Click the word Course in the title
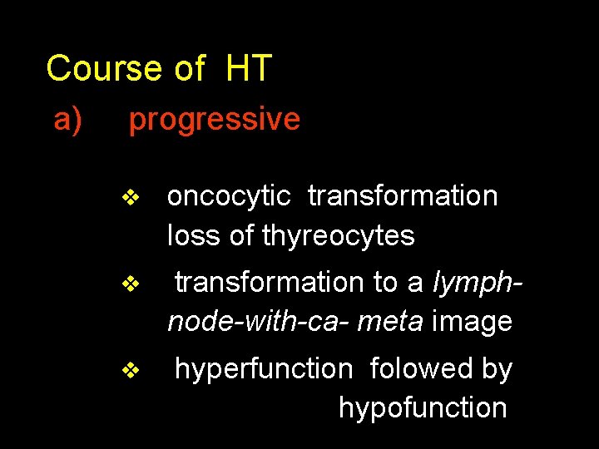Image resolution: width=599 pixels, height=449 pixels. coord(103,68)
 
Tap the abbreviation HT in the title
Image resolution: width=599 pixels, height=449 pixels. coord(248,68)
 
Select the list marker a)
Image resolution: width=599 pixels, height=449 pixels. coord(68,120)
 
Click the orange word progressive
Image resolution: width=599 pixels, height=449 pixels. coord(214,120)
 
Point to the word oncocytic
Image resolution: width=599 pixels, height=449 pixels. coord(229,196)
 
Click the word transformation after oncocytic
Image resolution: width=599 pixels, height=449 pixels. coord(403,196)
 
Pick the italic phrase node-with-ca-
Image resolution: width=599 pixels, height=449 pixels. coord(259,322)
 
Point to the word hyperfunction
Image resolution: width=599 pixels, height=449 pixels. coord(264,369)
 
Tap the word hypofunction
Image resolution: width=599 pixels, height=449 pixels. coord(423,408)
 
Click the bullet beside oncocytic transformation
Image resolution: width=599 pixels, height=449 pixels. coord(130,198)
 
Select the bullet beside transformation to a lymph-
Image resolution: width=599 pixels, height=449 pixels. coord(130,284)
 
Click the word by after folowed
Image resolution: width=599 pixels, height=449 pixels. coord(497,369)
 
